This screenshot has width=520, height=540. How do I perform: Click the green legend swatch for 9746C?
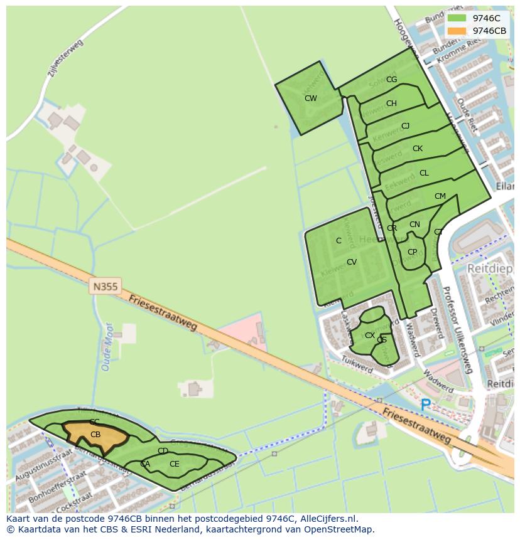point(457,18)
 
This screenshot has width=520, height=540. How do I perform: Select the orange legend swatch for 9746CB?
point(457,31)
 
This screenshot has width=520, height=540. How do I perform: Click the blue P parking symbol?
point(426,405)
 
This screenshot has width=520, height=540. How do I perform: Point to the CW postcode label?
point(310,98)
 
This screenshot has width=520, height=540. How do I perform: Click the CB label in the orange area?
point(95,434)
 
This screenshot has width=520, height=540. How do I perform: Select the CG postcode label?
point(391,80)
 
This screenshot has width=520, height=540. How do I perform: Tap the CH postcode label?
point(391,103)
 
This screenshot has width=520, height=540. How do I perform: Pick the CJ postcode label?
point(405,126)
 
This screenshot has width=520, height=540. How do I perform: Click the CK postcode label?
point(418,149)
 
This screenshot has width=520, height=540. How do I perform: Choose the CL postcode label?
point(424,173)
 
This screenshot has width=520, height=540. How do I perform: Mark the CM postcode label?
point(440,196)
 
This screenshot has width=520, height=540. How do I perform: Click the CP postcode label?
point(412,252)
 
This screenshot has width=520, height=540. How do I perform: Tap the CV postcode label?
point(352,262)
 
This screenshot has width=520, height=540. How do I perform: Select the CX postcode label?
point(370,336)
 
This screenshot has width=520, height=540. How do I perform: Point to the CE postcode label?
point(174,464)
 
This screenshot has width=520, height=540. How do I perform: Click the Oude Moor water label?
point(107,347)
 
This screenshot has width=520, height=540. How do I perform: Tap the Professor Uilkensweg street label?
point(457,329)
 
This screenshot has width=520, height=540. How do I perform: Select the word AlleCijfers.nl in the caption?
point(327,519)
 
